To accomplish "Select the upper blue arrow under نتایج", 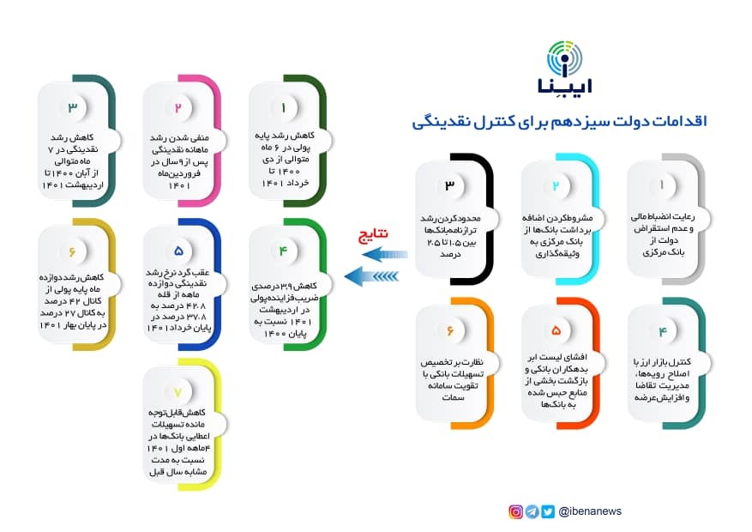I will (x=388, y=254).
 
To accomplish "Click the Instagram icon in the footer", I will (x=516, y=511).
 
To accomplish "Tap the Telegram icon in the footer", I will (x=532, y=511).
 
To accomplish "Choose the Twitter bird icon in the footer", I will (x=548, y=511).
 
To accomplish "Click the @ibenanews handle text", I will (x=590, y=511).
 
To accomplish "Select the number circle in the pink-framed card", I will (x=178, y=108).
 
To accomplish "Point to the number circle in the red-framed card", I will (x=555, y=330).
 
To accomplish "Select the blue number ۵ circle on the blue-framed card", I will (x=178, y=251).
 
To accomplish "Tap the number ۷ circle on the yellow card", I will (x=178, y=392).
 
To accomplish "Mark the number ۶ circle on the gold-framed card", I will (x=72, y=251).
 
